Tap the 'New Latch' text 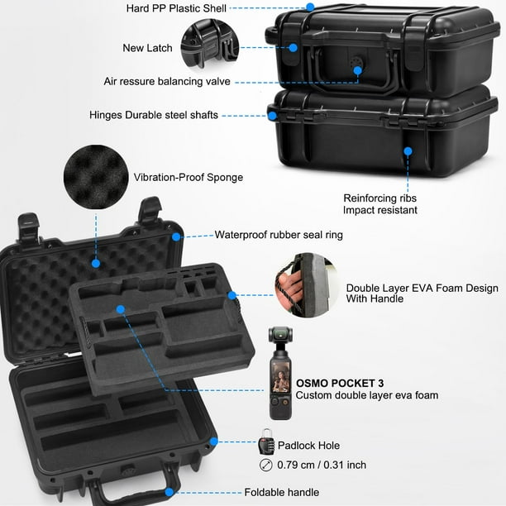148,48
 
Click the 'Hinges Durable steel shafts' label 155,115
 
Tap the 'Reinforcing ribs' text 380,198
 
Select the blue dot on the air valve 358,71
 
